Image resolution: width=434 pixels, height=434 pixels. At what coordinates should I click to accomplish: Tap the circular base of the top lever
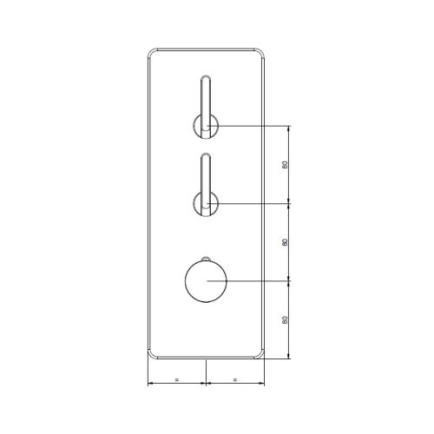pyautogui.click(x=207, y=127)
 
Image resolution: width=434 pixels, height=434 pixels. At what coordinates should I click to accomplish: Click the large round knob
pyautogui.click(x=206, y=281)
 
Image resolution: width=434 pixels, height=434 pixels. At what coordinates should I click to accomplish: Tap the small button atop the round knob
pyautogui.click(x=206, y=259)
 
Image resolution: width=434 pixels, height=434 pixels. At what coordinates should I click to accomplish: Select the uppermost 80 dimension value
pyautogui.click(x=286, y=165)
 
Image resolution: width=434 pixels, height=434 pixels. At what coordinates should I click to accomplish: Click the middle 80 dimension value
pyautogui.click(x=286, y=242)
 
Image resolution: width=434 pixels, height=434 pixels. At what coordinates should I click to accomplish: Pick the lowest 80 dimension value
pyautogui.click(x=286, y=319)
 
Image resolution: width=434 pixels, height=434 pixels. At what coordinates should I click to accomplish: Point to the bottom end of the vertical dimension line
pyautogui.click(x=290, y=358)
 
